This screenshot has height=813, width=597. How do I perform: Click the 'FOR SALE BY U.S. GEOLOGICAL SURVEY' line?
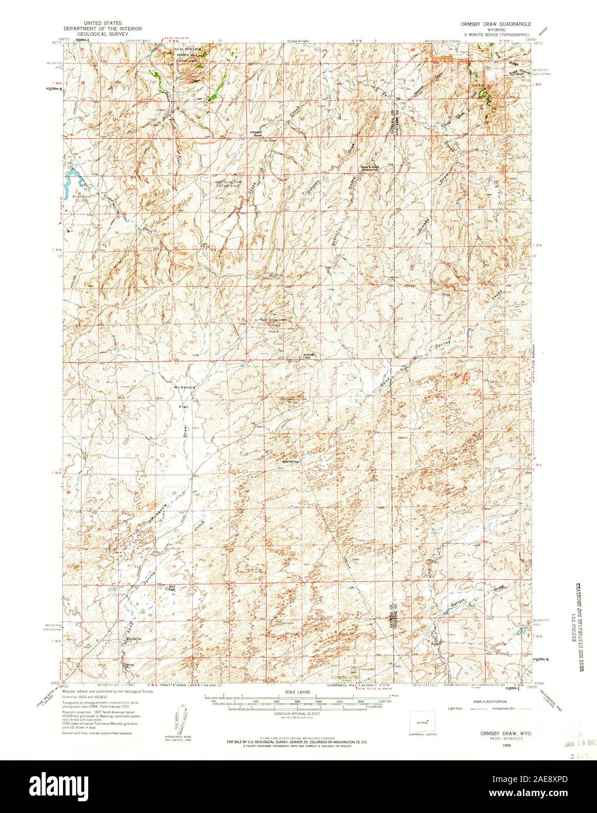click(x=298, y=743)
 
